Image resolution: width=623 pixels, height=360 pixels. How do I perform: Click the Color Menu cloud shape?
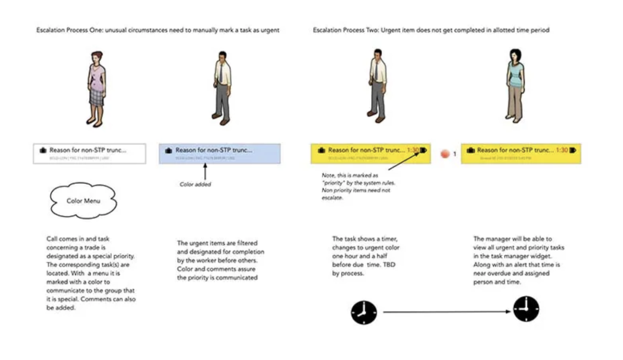click(x=83, y=201)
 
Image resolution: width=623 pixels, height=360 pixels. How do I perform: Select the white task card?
click(x=89, y=153)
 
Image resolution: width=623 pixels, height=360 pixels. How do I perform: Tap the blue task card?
click(x=220, y=153)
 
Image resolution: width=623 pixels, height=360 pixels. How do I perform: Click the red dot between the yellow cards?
click(x=445, y=153)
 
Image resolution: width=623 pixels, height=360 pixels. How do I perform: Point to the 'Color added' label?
click(x=195, y=184)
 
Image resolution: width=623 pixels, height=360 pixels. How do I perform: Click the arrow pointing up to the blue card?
click(x=205, y=171)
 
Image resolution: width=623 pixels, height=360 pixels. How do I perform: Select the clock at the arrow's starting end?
click(x=364, y=312)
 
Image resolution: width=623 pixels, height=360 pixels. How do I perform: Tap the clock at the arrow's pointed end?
click(x=526, y=309)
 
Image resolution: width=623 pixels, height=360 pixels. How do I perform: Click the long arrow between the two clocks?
click(x=445, y=312)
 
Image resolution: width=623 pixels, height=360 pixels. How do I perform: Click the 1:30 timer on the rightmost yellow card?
click(x=562, y=150)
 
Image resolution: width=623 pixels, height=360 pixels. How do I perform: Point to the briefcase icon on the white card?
click(x=43, y=150)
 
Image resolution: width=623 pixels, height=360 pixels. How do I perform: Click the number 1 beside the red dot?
click(x=455, y=153)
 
